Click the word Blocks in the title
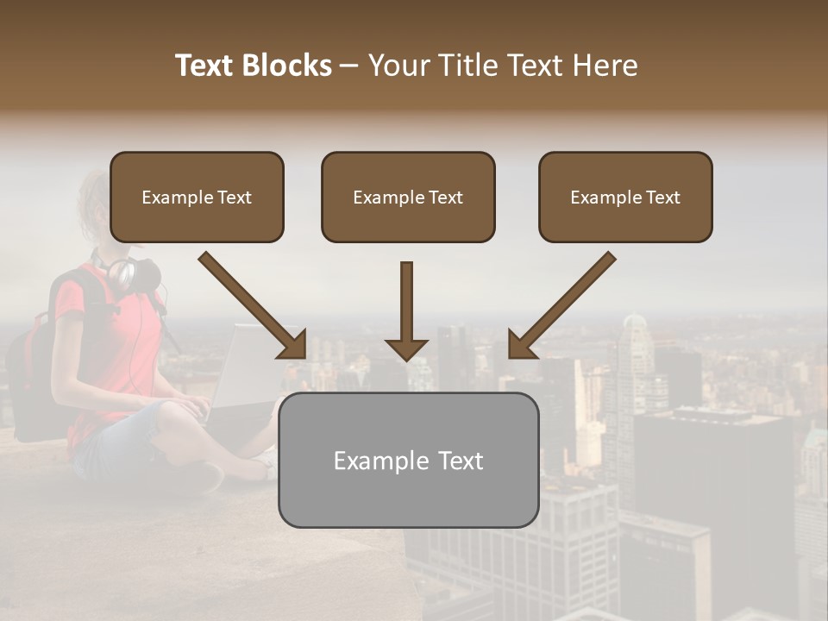point(288,66)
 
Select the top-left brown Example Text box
point(197,197)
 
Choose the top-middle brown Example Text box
point(408,197)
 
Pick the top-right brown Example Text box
point(625,197)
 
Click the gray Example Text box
point(408,460)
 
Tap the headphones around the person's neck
point(129,273)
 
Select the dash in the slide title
point(349,66)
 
